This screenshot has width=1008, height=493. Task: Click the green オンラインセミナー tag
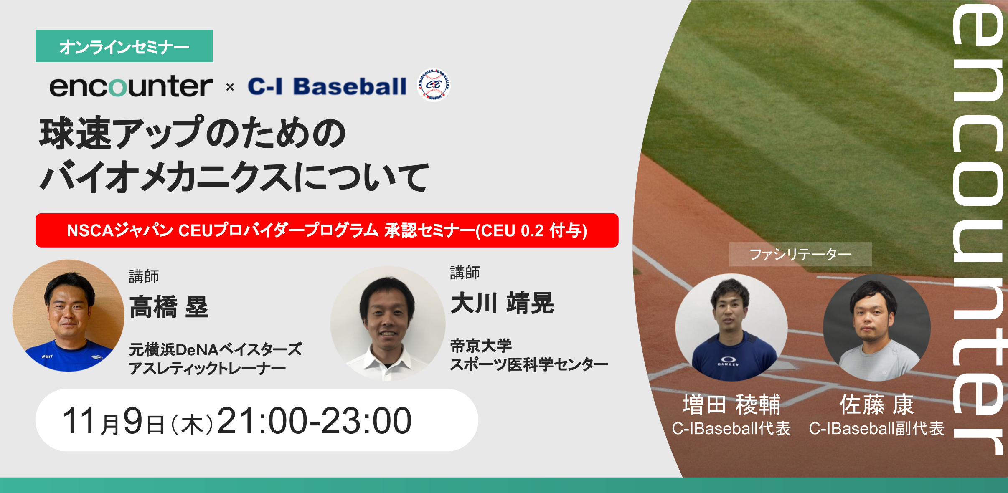pos(124,46)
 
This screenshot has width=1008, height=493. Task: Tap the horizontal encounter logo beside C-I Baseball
pos(131,86)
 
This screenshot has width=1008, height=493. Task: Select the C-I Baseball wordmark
pos(327,86)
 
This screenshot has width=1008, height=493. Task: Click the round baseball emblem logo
pos(434,85)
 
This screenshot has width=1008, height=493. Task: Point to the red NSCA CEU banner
pos(327,230)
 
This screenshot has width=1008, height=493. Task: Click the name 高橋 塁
pos(169,307)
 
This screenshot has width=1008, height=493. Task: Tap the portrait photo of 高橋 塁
pos(69,316)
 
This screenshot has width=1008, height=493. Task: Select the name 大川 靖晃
pos(502,303)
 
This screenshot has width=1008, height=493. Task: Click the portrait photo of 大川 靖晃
pos(388,324)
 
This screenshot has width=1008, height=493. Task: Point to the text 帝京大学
pos(481,346)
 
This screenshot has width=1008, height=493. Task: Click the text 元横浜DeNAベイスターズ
pos(216,349)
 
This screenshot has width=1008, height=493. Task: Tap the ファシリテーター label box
pos(800,254)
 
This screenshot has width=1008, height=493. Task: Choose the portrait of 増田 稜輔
pos(731,327)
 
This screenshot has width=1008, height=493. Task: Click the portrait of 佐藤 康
pos(877,327)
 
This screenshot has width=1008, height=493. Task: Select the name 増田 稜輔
pos(731,405)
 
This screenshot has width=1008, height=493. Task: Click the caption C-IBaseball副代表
pos(876,429)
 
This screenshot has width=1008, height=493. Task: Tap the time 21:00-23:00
pos(314,421)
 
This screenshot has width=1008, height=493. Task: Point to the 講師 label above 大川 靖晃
pos(465,273)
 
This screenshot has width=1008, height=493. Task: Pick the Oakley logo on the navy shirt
pos(728,361)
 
